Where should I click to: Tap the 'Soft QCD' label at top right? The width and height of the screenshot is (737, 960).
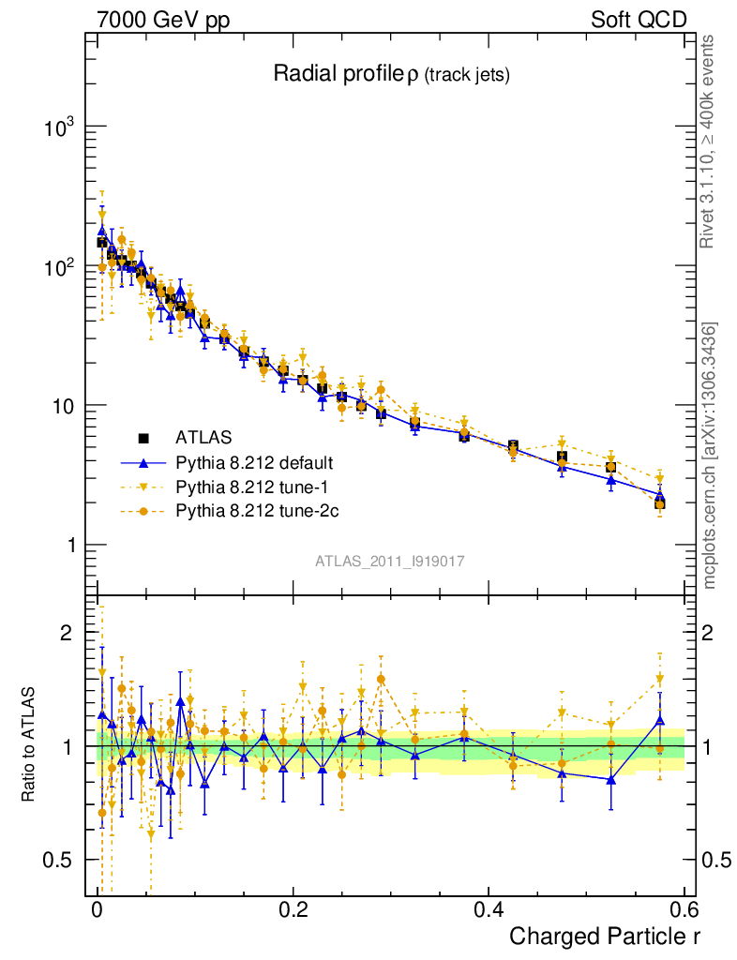tap(639, 20)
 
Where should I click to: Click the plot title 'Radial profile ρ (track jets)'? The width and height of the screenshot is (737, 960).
tap(391, 75)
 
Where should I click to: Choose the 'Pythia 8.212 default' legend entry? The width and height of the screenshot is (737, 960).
tap(254, 463)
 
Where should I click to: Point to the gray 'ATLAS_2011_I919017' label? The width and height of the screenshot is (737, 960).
tap(390, 561)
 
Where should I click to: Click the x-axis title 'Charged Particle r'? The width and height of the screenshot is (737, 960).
tap(605, 936)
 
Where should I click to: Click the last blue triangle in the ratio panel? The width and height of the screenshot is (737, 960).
tap(660, 720)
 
